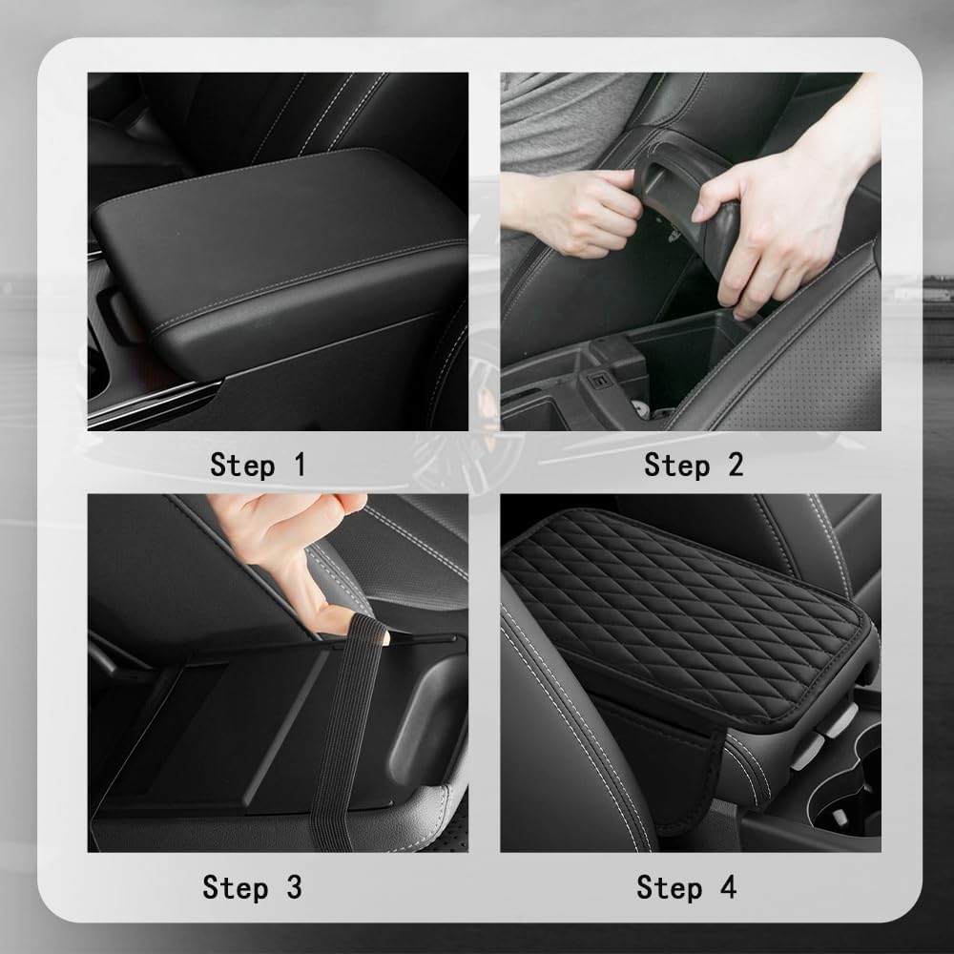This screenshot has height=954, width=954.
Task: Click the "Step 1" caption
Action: coord(258,466)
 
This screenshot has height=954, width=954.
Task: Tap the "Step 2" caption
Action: coord(693,466)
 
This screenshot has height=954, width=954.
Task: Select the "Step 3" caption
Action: coord(252,887)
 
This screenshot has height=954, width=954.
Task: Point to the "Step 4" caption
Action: coord(687,887)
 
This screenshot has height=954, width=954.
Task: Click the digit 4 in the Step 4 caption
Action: coord(728,887)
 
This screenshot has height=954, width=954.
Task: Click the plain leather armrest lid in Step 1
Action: coord(277,229)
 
